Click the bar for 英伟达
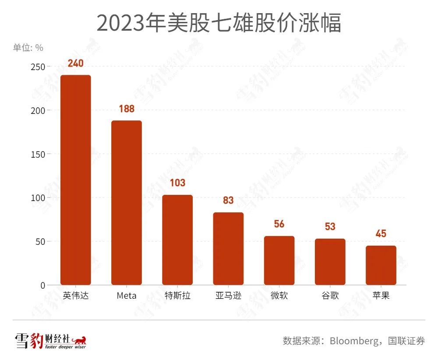pyautogui.click(x=75, y=180)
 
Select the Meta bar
pyautogui.click(x=126, y=202)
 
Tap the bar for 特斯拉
pyautogui.click(x=177, y=240)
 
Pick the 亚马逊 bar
pyautogui.click(x=228, y=248)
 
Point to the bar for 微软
pyautogui.click(x=279, y=260)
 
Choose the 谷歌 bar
pyautogui.click(x=330, y=261)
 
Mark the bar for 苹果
pyautogui.click(x=381, y=265)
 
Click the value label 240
pyautogui.click(x=75, y=63)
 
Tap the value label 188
pyautogui.click(x=126, y=109)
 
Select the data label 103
pyautogui.click(x=177, y=183)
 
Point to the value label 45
pyautogui.click(x=381, y=233)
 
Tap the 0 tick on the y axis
pyautogui.click(x=42, y=286)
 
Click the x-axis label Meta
pyautogui.click(x=126, y=296)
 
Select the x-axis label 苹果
pyautogui.click(x=381, y=296)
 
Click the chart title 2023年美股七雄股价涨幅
pyautogui.click(x=219, y=23)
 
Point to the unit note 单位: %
pyautogui.click(x=28, y=48)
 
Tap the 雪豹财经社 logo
pyautogui.click(x=50, y=341)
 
